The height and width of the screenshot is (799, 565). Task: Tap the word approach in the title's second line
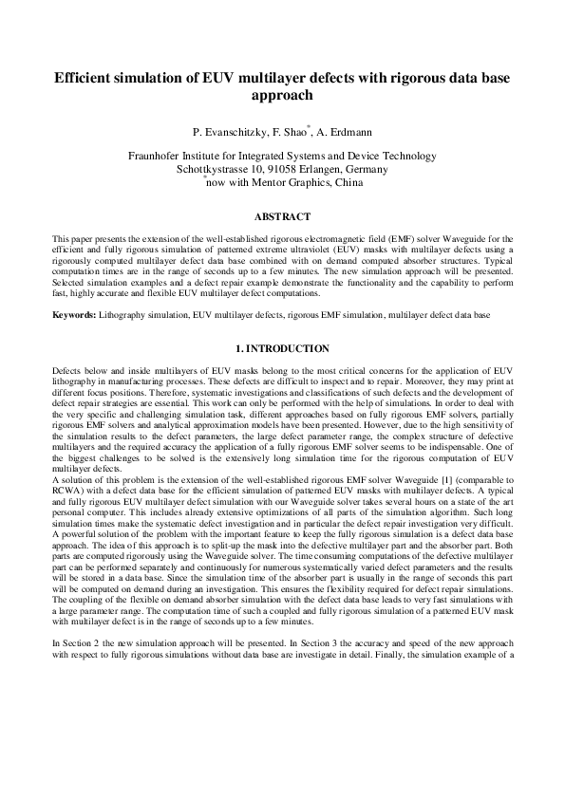coord(282,96)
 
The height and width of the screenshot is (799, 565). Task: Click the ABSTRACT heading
coord(282,217)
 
